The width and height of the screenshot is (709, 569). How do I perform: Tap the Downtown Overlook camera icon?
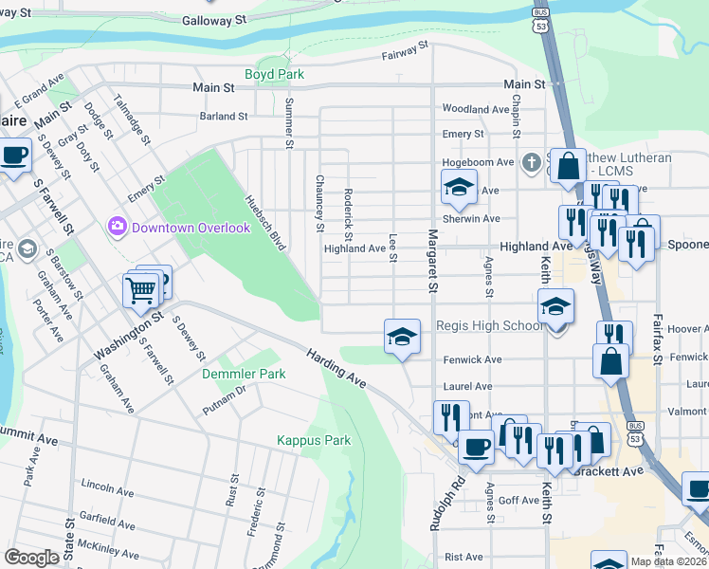coord(118,227)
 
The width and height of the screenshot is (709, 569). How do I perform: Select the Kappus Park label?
coord(314,440)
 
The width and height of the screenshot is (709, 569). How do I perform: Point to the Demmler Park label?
coord(244,374)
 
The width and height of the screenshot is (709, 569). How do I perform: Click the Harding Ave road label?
coord(336,367)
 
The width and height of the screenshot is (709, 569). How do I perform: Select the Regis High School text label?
coord(488,326)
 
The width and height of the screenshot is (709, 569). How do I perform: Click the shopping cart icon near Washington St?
coord(140,288)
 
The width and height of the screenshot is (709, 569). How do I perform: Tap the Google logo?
coord(31,557)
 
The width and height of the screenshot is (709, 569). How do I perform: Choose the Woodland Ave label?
coord(476,110)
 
